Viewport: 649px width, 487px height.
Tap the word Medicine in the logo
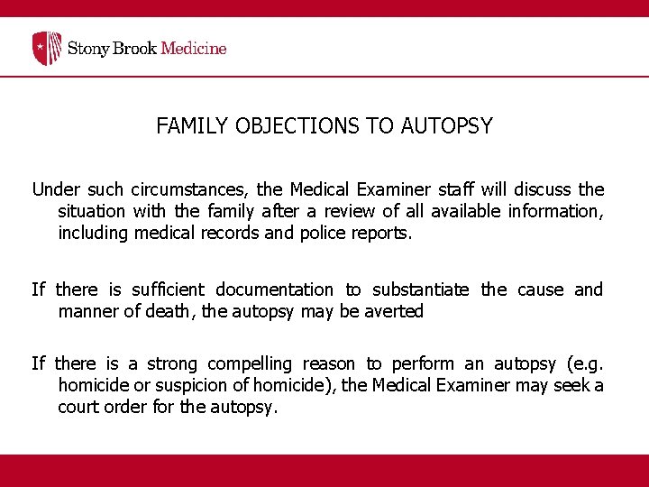(193, 48)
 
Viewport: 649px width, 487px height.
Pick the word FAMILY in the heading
(193, 126)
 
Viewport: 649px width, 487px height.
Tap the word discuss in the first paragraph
(543, 189)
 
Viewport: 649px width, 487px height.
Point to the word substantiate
(421, 289)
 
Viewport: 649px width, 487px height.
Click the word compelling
(250, 363)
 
